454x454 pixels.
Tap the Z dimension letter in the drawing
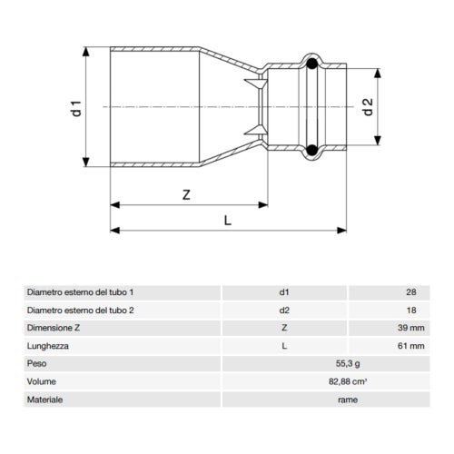(x=185, y=193)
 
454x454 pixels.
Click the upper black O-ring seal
(x=311, y=64)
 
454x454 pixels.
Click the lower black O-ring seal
(x=311, y=151)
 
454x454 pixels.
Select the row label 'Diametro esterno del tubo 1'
(x=86, y=293)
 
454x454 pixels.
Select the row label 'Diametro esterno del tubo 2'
(x=86, y=311)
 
